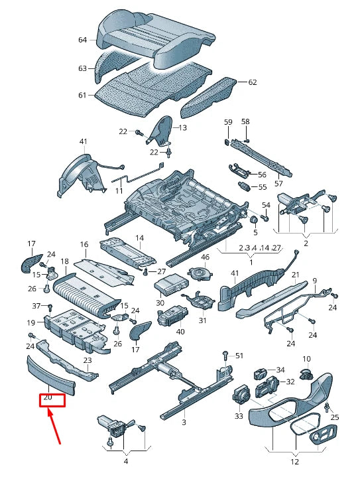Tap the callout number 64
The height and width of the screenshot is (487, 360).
point(83,40)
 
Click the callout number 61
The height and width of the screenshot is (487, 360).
point(83,95)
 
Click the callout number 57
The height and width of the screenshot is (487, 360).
point(278,183)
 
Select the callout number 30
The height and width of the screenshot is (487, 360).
point(160,303)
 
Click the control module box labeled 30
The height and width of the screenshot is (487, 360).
point(172,283)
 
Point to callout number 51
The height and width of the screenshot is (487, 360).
point(239,356)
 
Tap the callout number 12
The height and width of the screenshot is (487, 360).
point(294,462)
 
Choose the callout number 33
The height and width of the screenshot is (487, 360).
point(239,416)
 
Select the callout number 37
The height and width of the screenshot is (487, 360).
point(37,306)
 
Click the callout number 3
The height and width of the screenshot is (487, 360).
point(184,422)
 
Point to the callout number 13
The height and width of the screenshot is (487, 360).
point(183,127)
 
